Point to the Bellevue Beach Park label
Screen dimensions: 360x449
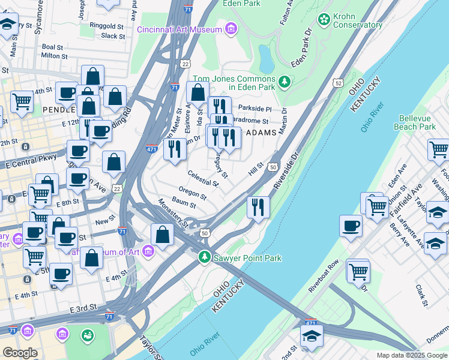[x=415, y=122]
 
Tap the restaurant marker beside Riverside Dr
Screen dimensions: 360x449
[x=259, y=208]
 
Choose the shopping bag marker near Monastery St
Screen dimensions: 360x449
[x=162, y=235]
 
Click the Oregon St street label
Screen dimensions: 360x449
[x=192, y=195]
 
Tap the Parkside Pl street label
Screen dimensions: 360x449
[x=255, y=109]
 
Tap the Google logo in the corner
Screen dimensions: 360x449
[x=20, y=353]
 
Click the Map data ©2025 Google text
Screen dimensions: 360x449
[x=412, y=355]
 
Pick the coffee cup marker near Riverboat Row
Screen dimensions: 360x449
[x=351, y=226]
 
